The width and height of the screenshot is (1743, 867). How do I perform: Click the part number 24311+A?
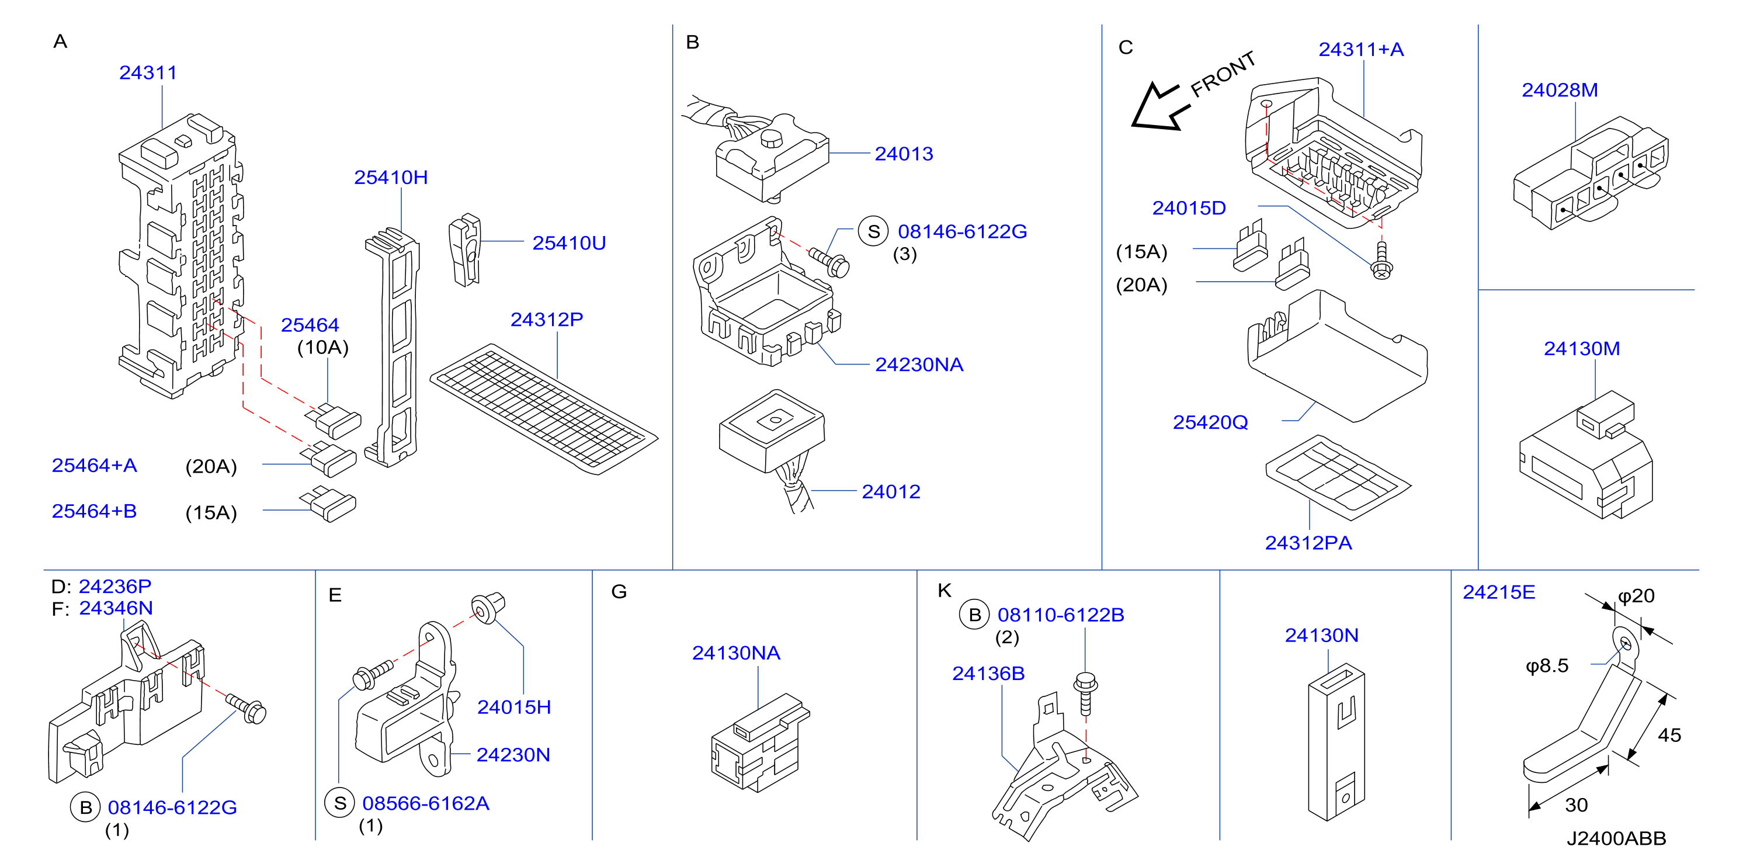[1361, 50]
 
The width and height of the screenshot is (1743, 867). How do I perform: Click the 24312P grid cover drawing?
[543, 409]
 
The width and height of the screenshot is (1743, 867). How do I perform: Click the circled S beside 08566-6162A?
[340, 803]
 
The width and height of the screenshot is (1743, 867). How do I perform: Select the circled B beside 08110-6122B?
[974, 615]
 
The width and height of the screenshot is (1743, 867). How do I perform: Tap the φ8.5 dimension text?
[1547, 666]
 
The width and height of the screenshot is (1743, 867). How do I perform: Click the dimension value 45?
[1669, 735]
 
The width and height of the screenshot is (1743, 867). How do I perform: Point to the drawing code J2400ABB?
[1616, 838]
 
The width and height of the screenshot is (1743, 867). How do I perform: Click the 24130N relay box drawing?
[1336, 741]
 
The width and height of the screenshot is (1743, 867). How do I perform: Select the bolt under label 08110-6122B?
[1085, 693]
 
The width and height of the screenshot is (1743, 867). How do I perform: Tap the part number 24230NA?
[919, 365]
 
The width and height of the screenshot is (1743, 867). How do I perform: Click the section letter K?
[945, 591]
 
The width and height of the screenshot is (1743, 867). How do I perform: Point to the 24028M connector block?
[1590, 174]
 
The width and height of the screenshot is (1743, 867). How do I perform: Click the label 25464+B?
[94, 511]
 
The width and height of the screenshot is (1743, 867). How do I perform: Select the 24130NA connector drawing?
[760, 743]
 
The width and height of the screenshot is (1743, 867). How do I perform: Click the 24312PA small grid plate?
[1338, 478]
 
